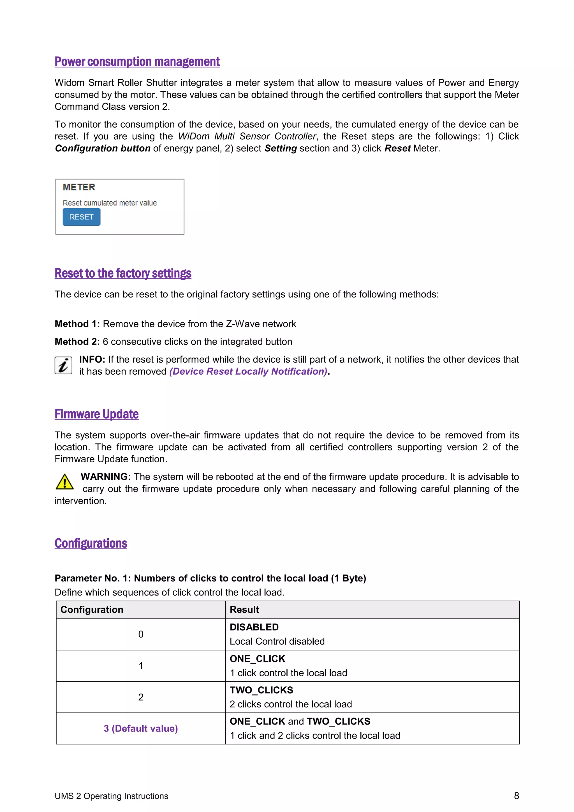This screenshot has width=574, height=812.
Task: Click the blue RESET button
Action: (81, 217)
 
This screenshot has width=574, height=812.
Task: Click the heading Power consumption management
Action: (137, 62)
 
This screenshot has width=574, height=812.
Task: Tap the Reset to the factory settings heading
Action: (123, 273)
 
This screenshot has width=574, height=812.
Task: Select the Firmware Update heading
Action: (96, 414)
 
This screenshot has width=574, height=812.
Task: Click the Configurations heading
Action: (91, 543)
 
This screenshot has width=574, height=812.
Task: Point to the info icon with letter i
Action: (63, 365)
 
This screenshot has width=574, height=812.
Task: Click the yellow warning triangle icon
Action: (65, 482)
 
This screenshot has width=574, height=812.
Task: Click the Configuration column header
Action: (92, 610)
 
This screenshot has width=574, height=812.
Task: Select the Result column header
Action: (244, 610)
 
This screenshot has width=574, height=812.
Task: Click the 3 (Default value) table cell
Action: (141, 728)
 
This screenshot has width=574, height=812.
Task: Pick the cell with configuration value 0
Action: (141, 635)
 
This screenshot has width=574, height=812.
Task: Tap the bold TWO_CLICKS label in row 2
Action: (261, 690)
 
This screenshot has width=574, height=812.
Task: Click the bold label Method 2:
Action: (77, 342)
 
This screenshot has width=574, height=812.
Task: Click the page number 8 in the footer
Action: (516, 796)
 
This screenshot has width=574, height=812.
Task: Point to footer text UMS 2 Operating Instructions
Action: (111, 796)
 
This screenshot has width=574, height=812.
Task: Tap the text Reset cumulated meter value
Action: (110, 203)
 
